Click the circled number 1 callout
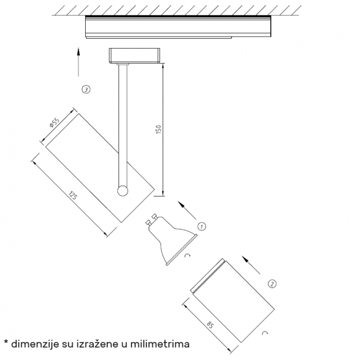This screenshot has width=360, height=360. click(x=202, y=226)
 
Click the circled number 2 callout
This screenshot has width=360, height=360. click(x=272, y=284)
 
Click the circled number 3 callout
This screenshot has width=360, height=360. click(x=86, y=89)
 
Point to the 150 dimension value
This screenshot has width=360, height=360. click(x=158, y=129)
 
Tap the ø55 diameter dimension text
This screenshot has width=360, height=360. click(x=54, y=122)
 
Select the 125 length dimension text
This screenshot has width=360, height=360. click(x=73, y=196)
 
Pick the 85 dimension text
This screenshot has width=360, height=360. click(x=210, y=325)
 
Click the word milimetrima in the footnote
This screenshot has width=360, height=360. click(x=160, y=344)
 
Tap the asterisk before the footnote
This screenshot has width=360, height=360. click(x=6, y=343)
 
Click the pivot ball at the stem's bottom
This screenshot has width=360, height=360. click(x=122, y=191)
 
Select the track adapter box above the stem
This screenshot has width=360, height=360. click(x=135, y=56)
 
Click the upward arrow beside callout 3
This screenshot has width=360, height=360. click(x=79, y=62)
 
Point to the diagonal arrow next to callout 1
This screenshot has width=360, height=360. click(x=187, y=210)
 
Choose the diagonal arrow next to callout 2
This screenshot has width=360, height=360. click(x=251, y=265)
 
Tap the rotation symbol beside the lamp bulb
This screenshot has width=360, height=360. click(x=188, y=255)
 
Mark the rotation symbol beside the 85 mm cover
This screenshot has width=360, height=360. click(x=265, y=333)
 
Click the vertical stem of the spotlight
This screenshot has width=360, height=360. click(x=123, y=126)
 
